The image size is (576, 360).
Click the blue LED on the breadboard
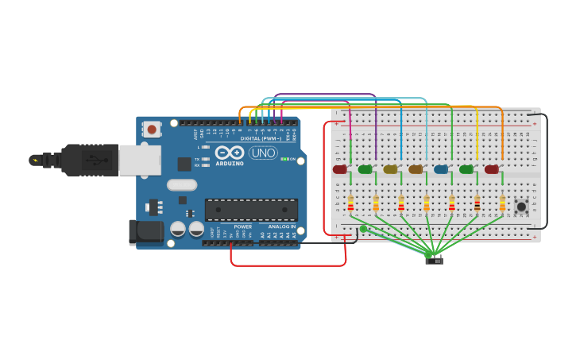[441, 169]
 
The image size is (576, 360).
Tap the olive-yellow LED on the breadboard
[390, 169]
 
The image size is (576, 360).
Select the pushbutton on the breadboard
[521, 207]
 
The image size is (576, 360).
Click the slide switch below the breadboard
[434, 259]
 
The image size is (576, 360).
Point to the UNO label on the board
[263, 153]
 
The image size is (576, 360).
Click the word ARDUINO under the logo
[229, 164]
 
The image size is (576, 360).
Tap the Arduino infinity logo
[229, 153]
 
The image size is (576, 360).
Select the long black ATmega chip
[251, 210]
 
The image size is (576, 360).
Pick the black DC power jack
[145, 232]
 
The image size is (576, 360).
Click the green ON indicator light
[284, 159]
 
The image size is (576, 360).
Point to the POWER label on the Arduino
[243, 226]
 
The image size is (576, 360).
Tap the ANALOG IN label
[281, 226]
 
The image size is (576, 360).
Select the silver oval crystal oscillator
[182, 185]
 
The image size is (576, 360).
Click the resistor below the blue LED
[451, 204]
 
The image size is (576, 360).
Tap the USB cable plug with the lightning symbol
[36, 160]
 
